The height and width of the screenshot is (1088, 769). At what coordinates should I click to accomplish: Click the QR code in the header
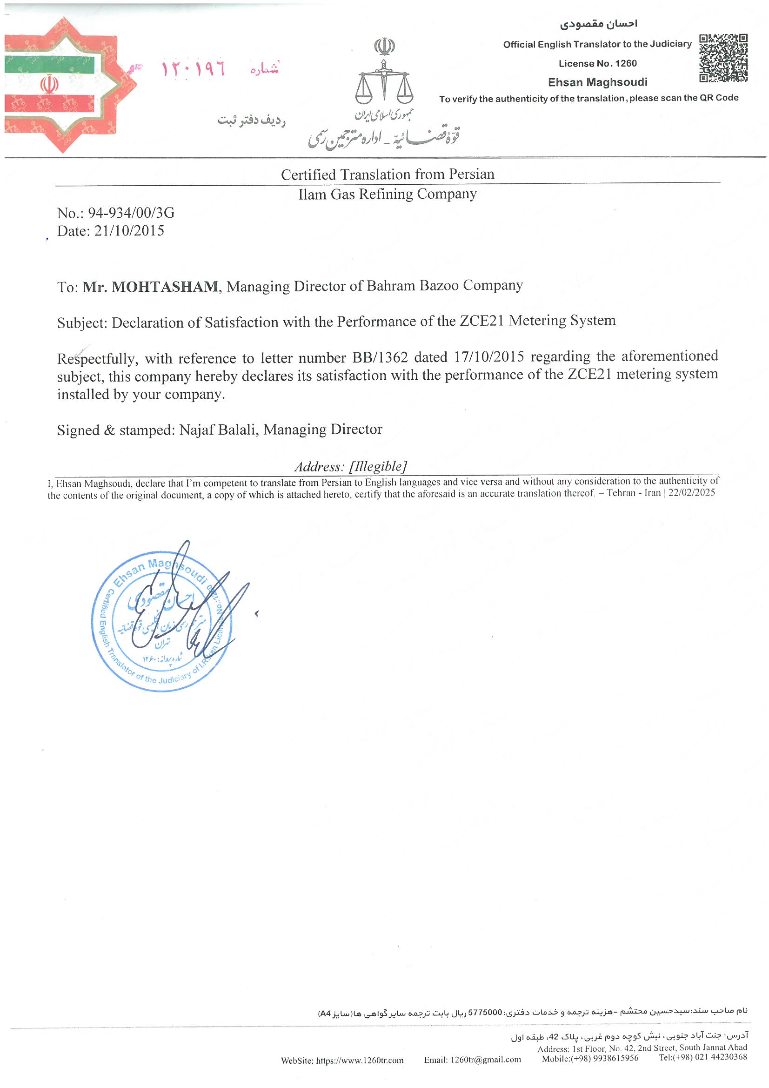tap(723, 58)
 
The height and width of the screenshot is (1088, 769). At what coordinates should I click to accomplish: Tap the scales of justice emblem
tap(384, 80)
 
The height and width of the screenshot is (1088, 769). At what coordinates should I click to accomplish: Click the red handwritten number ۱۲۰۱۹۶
tap(194, 69)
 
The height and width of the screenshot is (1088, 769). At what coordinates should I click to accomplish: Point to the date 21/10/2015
tap(129, 231)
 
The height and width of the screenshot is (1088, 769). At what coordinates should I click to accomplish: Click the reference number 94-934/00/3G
tap(131, 213)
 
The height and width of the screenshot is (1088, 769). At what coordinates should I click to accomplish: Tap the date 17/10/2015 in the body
tap(489, 356)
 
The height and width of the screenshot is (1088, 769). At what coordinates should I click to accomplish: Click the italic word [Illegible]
tap(378, 466)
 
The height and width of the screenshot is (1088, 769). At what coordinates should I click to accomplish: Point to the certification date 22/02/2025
tap(691, 492)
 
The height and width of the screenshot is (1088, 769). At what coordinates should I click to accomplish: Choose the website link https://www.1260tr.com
tap(360, 1060)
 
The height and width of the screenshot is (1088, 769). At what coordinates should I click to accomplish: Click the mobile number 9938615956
tap(615, 1058)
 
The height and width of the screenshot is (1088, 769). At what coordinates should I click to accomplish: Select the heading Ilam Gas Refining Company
tap(387, 194)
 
